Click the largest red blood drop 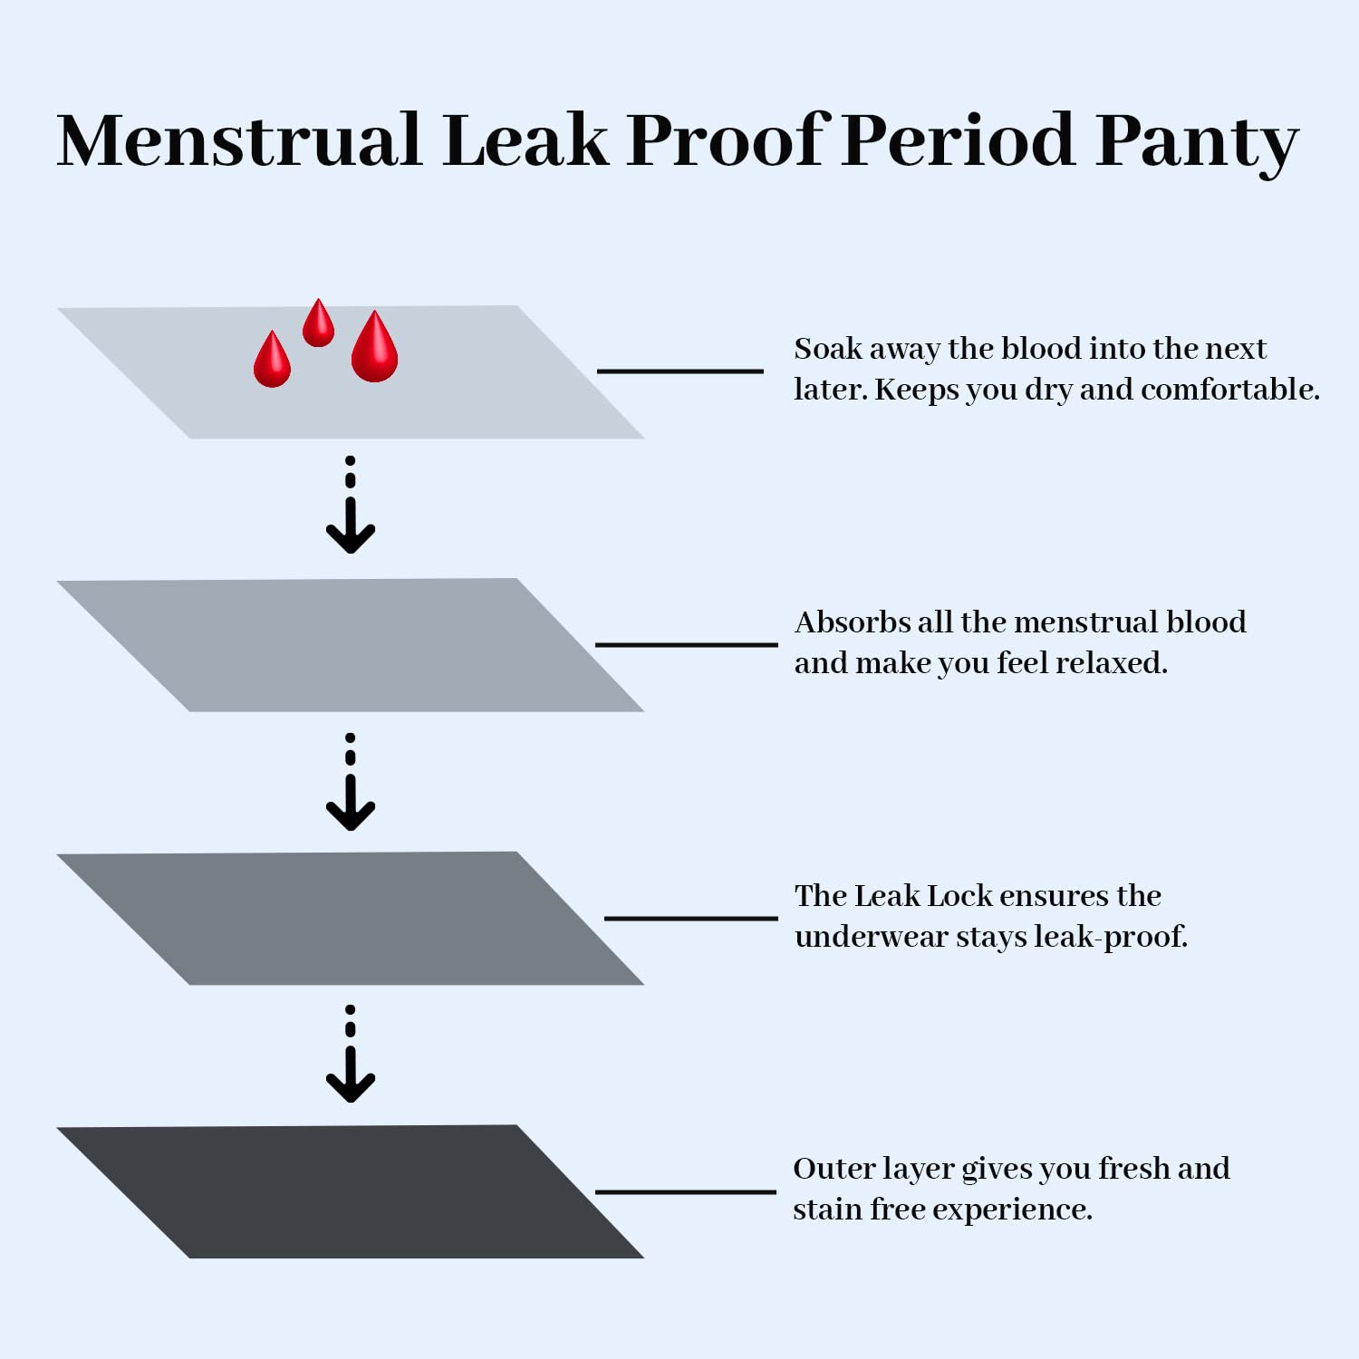click(374, 349)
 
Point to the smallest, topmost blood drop click(318, 324)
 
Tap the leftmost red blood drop click(272, 361)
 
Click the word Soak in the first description click(827, 349)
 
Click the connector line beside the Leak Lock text click(690, 918)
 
